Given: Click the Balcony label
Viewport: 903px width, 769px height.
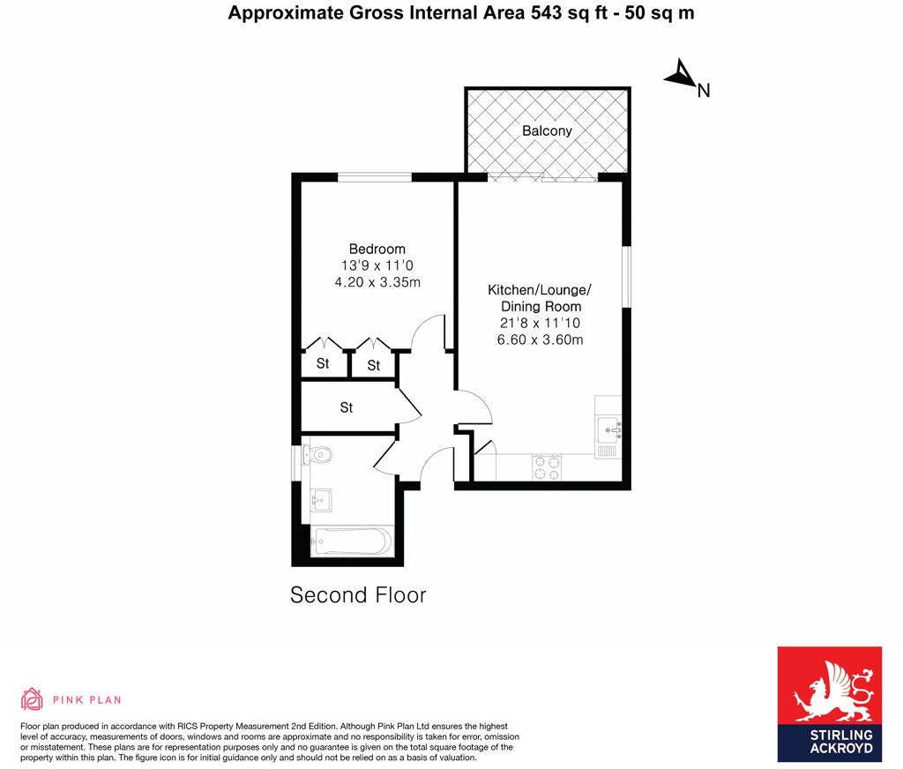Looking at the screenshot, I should click(x=547, y=131).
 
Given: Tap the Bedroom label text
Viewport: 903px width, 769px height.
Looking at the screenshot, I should click(x=377, y=249).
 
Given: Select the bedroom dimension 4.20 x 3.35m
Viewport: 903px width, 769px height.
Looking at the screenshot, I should click(x=377, y=282).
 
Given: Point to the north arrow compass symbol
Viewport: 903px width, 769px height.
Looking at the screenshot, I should click(x=681, y=77).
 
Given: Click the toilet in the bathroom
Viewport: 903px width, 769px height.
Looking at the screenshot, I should click(x=317, y=455).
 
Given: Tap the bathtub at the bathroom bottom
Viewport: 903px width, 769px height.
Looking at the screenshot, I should click(x=351, y=541).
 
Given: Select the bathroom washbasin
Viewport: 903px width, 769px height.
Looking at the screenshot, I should click(x=320, y=500).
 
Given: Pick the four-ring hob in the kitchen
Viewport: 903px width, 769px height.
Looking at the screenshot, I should click(x=547, y=467).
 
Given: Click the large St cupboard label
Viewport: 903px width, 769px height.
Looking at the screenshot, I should click(x=347, y=407).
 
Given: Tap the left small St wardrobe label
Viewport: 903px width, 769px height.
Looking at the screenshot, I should click(x=322, y=364).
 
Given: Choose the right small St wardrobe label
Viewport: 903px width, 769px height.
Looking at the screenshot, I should click(x=374, y=365).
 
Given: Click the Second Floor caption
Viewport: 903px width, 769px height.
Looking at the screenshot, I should click(x=358, y=595).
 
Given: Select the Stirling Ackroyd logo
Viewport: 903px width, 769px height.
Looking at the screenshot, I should click(x=829, y=704).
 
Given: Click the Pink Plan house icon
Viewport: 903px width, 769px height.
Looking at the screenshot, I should click(x=32, y=699).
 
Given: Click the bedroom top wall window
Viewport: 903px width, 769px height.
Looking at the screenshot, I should click(x=375, y=177).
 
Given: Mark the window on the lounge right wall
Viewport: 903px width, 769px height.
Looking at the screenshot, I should click(x=626, y=276).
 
